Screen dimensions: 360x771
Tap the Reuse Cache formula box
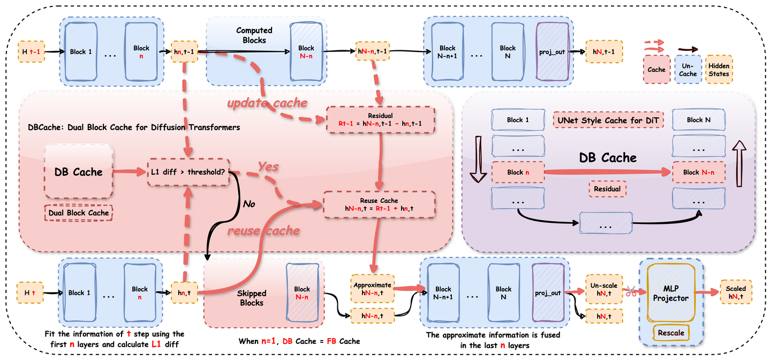pyautogui.click(x=380, y=205)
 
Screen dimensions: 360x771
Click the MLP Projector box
pyautogui.click(x=670, y=294)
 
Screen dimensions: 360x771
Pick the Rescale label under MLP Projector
pyautogui.click(x=671, y=333)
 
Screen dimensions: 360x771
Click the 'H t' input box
pyautogui.click(x=30, y=292)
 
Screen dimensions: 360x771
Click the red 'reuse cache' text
pyautogui.click(x=263, y=231)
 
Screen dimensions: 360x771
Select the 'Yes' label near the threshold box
pyautogui.click(x=268, y=167)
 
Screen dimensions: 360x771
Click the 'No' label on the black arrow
pyautogui.click(x=249, y=204)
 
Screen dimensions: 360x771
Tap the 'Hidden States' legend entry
pyautogui.click(x=719, y=70)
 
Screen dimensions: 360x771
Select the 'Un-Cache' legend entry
pyautogui.click(x=688, y=70)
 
